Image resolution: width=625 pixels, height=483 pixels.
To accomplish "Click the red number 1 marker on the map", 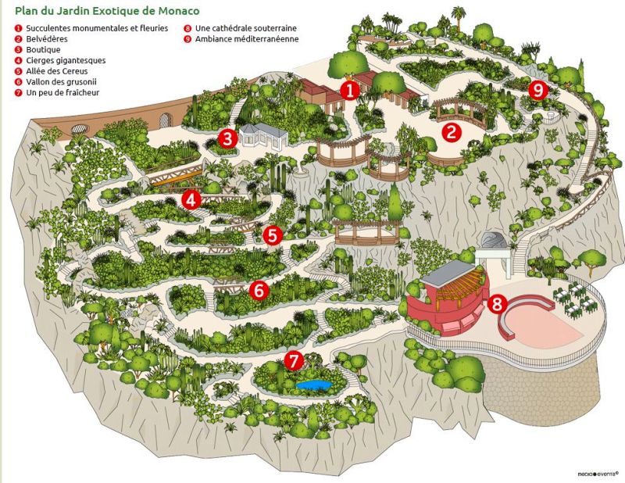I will (x=351, y=90).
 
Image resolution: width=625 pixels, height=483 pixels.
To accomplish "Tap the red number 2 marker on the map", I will (x=450, y=132).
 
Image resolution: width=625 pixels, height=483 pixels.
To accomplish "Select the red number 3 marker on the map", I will (x=227, y=138).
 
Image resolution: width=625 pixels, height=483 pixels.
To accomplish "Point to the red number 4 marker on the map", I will (x=190, y=200).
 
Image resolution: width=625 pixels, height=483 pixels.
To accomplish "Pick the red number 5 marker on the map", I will (x=272, y=234).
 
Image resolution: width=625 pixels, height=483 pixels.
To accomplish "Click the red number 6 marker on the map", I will (x=260, y=290).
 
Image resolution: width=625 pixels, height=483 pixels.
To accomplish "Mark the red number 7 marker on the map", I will (x=293, y=360).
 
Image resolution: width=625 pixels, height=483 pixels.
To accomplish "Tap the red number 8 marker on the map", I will (x=497, y=303).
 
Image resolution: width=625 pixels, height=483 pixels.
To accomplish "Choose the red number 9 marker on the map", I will (x=537, y=90).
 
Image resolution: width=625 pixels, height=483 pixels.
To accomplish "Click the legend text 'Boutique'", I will (x=43, y=49).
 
